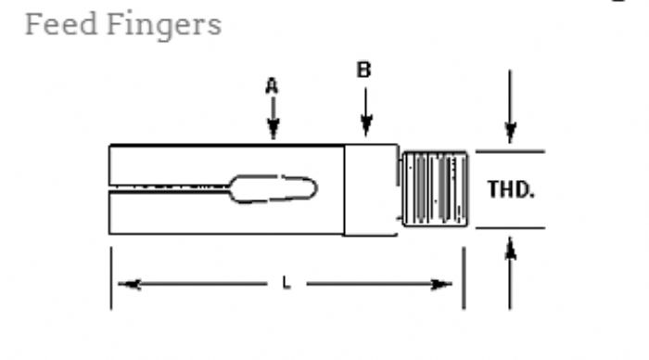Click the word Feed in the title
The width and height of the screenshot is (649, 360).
coord(61,24)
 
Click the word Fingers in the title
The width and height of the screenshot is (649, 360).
coord(164,27)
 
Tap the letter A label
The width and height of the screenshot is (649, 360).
coord(272,86)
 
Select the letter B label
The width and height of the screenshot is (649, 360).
coord(363,70)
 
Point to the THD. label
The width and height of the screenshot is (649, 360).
coord(511,189)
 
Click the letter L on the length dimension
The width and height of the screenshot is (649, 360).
coord(286,283)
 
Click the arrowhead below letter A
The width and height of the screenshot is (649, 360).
coord(273,129)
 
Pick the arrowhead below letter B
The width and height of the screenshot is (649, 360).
coord(366,126)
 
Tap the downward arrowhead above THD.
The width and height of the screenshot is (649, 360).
coord(510,133)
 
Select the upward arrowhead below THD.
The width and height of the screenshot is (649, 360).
coord(510,248)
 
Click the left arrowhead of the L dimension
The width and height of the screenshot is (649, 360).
coord(129,284)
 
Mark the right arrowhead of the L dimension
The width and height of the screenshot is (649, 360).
coord(440,284)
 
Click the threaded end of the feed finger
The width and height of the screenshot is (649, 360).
coord(435,189)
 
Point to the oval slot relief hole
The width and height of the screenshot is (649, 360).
coord(274,189)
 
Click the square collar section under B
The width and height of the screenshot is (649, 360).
coord(371,189)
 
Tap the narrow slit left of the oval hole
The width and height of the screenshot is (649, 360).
coord(169,187)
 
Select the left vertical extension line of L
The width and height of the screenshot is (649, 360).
coord(111,278)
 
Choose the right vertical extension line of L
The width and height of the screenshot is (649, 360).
coord(464,278)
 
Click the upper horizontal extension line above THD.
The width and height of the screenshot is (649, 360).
coord(510,151)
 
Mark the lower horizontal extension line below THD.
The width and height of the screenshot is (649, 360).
coord(510,228)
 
